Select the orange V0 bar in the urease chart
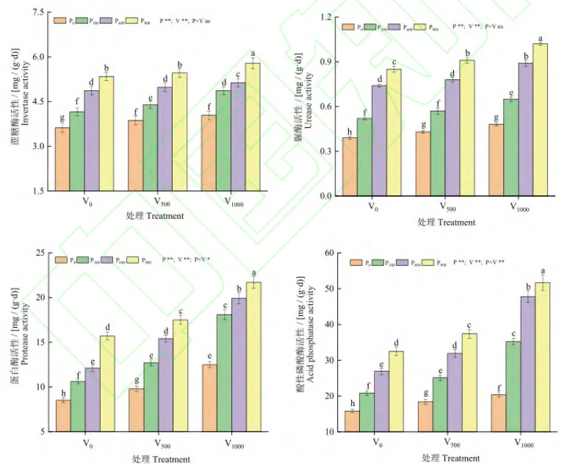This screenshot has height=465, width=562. click(350, 167)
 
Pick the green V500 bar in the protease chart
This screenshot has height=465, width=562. click(151, 397)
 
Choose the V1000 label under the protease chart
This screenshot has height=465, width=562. click(235, 444)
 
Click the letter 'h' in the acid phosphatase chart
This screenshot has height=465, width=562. click(352, 403)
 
